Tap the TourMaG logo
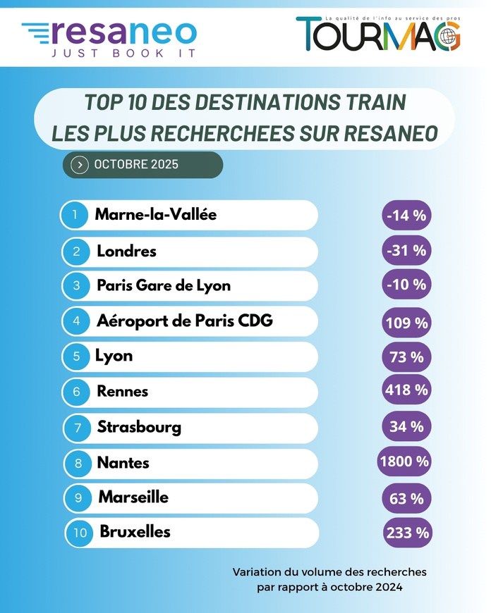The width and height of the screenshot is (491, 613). click(378, 33)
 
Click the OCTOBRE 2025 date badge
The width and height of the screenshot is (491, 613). click(143, 165)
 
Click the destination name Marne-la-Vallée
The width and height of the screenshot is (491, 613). click(155, 215)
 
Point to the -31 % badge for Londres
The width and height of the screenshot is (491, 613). click(406, 251)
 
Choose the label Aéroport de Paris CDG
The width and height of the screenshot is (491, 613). click(184, 321)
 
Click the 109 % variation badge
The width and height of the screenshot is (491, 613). click(406, 323)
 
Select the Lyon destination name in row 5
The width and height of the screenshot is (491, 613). click(114, 356)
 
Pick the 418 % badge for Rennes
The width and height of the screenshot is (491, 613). click(406, 390)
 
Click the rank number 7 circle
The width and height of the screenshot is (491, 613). click(76, 427)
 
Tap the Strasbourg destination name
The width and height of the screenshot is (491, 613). click(139, 427)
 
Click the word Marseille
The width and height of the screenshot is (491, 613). click(133, 497)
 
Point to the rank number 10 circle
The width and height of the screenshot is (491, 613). click(80, 533)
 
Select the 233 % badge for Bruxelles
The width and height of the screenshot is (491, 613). click(407, 533)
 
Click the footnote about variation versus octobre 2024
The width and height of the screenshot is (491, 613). click(329, 579)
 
